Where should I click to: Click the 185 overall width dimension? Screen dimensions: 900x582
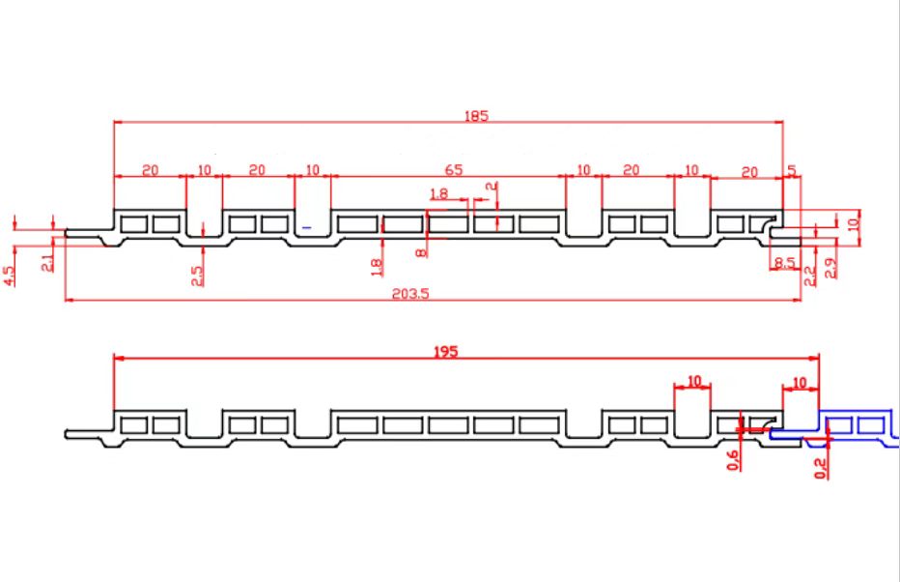[x=476, y=115]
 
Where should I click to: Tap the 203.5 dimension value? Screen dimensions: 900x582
[x=409, y=294]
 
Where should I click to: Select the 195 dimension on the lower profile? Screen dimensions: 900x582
[x=445, y=352]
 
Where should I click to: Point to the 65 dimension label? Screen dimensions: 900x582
[x=454, y=170]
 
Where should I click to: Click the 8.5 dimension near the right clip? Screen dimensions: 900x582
[x=785, y=263]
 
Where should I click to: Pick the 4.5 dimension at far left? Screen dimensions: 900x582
[x=10, y=276]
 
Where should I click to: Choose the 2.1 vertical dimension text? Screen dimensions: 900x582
[x=47, y=263]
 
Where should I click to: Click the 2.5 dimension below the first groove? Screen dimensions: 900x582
[x=197, y=276]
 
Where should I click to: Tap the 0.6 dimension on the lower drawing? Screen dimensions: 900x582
[x=733, y=460]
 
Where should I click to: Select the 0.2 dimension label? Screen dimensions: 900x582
[x=821, y=468]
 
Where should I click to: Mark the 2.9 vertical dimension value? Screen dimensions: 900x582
[x=830, y=268]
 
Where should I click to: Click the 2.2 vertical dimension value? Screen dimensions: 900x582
[x=809, y=276]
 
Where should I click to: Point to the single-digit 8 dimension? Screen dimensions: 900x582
[x=421, y=252]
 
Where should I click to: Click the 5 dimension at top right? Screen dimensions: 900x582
[x=792, y=170]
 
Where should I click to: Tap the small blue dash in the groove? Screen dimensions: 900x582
[x=306, y=228]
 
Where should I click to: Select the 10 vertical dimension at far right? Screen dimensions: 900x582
[x=854, y=221]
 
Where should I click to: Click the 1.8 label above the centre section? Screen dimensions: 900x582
[x=438, y=193]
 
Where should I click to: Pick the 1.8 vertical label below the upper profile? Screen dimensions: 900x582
[x=377, y=267]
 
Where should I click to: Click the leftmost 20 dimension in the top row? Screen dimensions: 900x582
[x=150, y=170]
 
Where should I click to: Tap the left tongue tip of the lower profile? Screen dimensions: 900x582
[x=66, y=434]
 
